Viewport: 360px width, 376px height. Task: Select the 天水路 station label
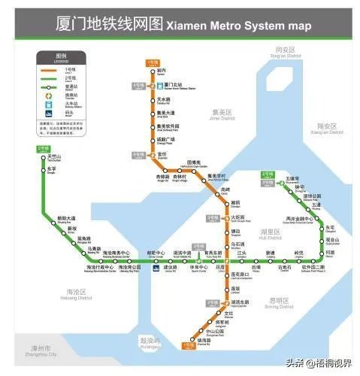(x=164, y=99)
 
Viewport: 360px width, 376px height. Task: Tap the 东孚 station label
(x=52, y=171)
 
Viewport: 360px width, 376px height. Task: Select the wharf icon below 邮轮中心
(x=155, y=267)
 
